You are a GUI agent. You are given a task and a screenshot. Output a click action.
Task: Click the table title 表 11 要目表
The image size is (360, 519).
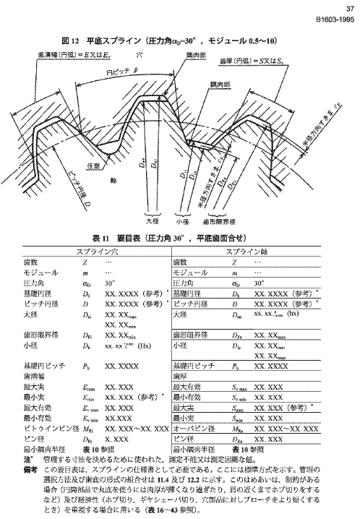(x=179, y=237)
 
